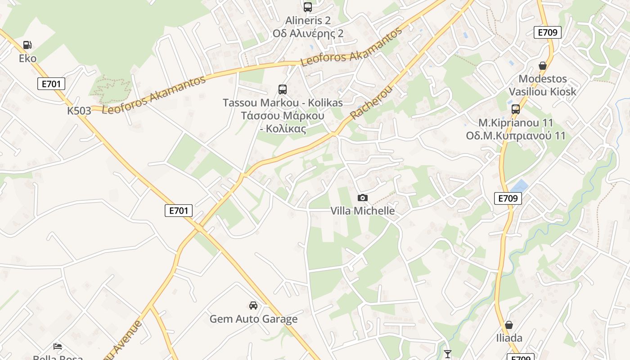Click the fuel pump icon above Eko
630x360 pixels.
point(27,45)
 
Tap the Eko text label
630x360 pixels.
point(27,58)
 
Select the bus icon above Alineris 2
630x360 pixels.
point(308,7)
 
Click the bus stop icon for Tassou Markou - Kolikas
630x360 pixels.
point(283,90)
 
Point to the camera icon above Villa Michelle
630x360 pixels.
point(362,198)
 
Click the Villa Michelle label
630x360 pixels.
point(363,211)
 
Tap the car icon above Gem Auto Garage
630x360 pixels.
point(253,306)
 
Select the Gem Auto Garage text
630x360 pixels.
point(253,319)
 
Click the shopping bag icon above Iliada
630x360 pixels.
point(509,325)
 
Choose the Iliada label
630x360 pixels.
point(509,338)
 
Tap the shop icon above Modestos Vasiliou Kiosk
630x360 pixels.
point(543,66)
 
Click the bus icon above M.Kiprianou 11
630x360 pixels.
point(516,109)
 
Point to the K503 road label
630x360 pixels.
point(79,111)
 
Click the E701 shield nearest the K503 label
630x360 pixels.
point(51,83)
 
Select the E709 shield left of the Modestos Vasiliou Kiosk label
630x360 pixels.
point(548,32)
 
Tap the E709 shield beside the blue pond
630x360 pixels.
point(508,198)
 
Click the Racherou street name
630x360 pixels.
point(372,103)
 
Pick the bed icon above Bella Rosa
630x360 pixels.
point(58,346)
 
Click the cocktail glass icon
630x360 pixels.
point(447,354)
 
